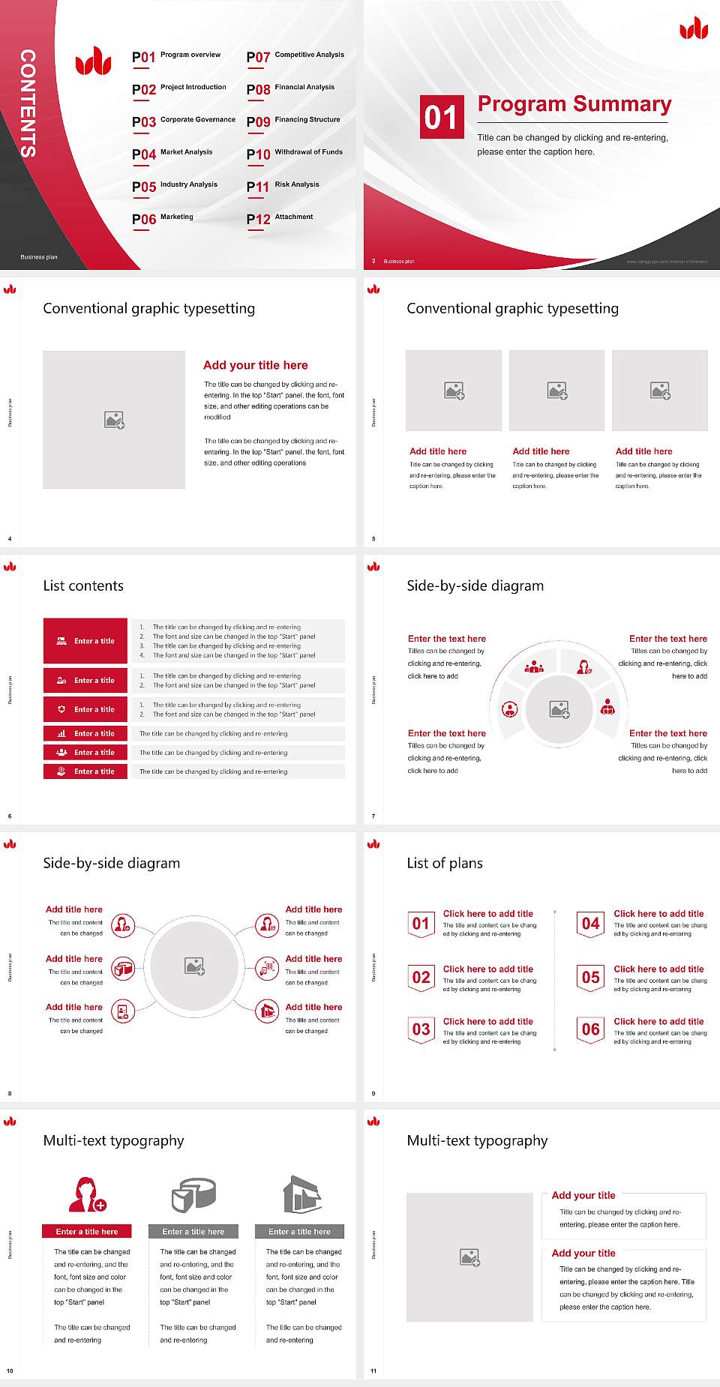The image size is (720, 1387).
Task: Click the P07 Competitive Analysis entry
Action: coord(295,56)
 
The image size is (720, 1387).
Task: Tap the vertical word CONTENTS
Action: coord(28,103)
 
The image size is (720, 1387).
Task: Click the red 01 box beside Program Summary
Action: coord(441,117)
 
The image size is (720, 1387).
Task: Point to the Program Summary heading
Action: coord(574,104)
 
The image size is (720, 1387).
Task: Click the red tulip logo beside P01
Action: coord(94,61)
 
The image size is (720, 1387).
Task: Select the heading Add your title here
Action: coord(255,365)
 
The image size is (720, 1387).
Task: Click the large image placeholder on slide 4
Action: coord(114,420)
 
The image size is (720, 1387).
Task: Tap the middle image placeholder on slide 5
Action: coord(556,391)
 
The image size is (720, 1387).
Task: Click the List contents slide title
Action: coord(83,586)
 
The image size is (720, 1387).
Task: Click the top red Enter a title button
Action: coord(85,641)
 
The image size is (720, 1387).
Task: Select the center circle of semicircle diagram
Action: coord(559,709)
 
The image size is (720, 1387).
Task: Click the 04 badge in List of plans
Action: coord(590,924)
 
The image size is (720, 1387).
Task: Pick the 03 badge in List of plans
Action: coord(421,1030)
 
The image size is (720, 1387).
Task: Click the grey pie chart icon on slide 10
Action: coord(193,1195)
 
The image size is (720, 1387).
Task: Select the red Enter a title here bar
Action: coord(87,1232)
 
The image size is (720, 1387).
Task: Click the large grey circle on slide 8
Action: coord(194,966)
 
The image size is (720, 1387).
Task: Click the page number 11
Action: coord(373,1371)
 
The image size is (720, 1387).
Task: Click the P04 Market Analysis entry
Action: coord(172,154)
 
